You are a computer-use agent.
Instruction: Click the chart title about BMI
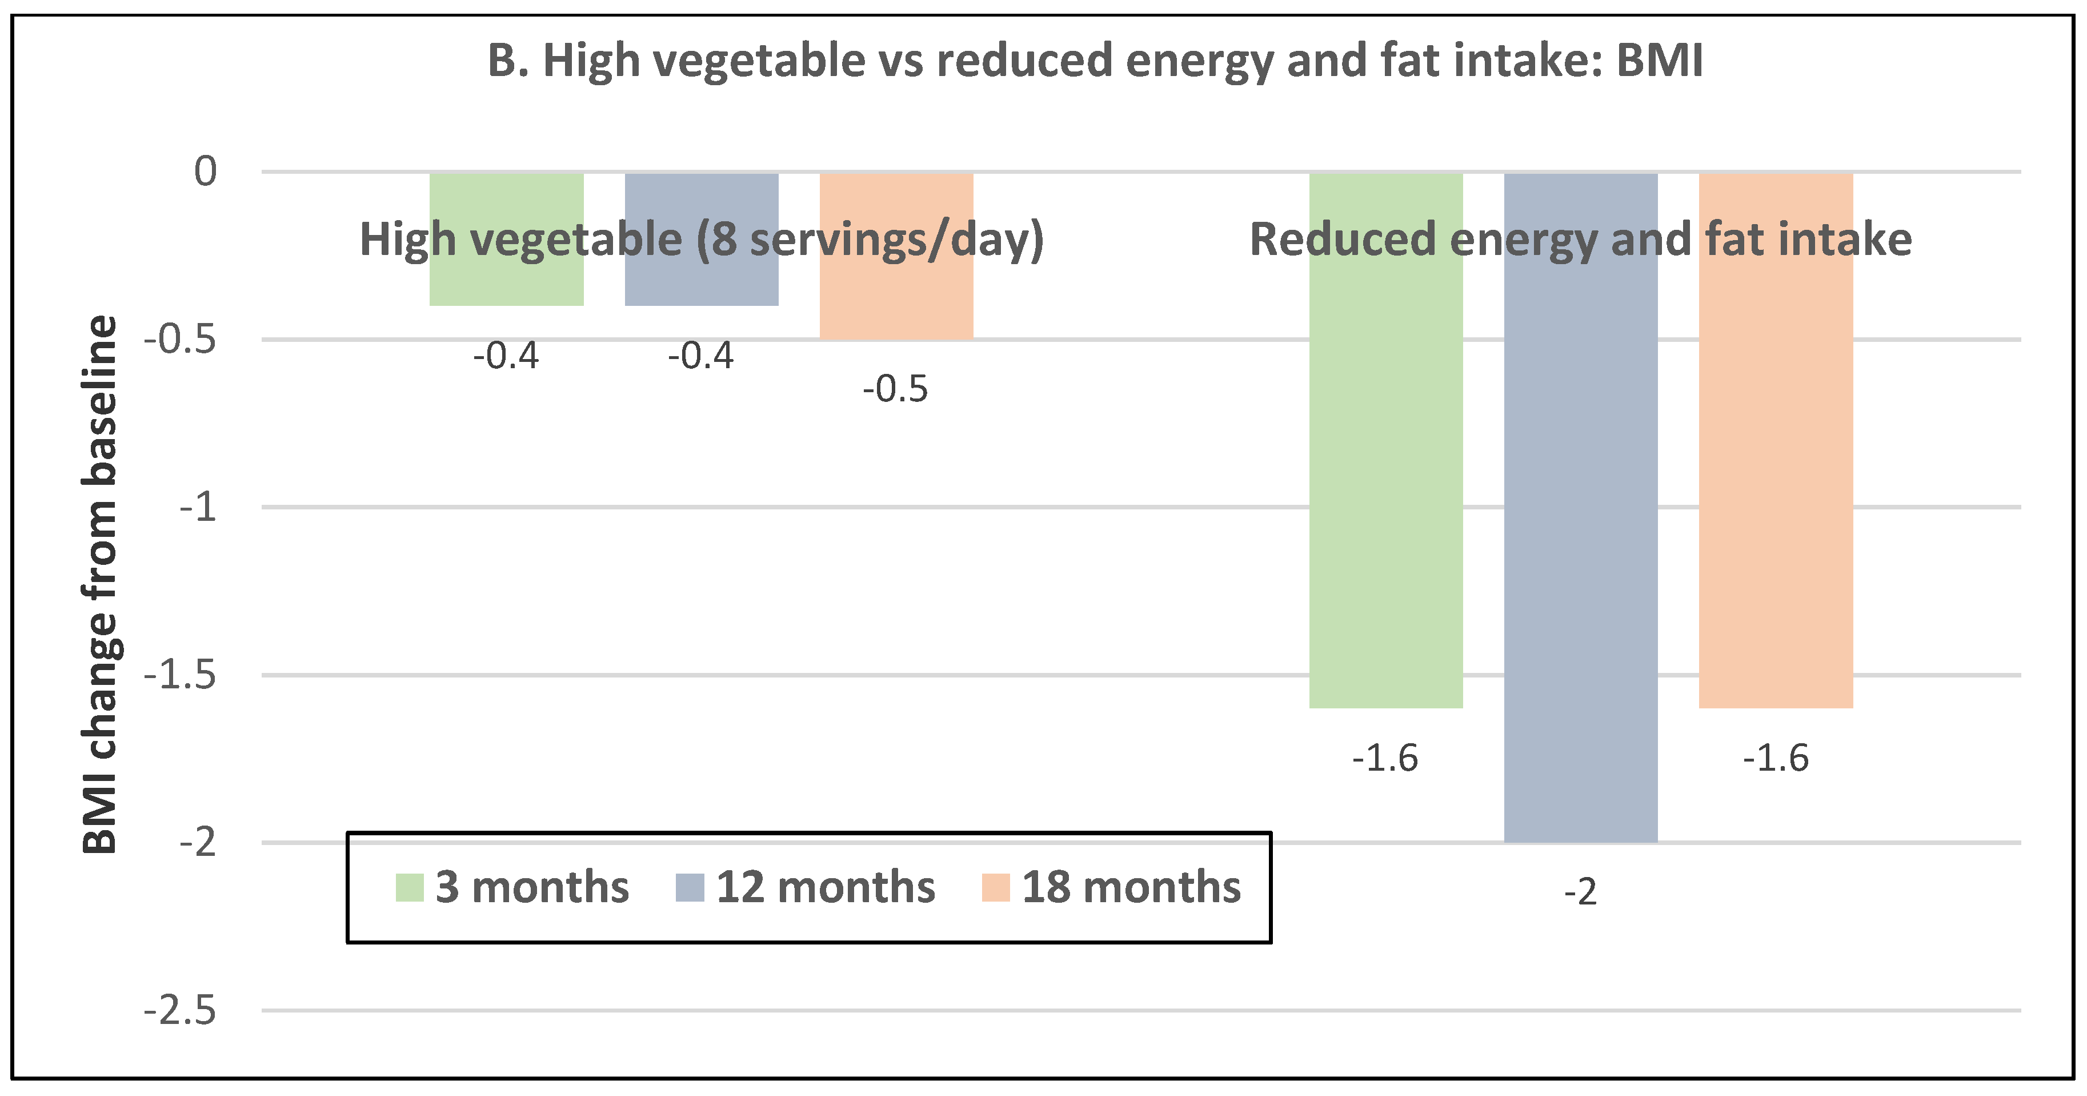(1095, 61)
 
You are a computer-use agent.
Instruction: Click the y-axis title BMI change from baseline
(101, 584)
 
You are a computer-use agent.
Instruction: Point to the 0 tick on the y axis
(206, 172)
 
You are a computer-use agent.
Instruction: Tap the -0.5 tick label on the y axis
(180, 340)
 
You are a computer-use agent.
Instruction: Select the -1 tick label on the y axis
(198, 508)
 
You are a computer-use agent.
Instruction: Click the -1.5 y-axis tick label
(180, 675)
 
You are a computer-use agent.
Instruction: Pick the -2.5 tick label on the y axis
(180, 1011)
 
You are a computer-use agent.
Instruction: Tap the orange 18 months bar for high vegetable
(896, 300)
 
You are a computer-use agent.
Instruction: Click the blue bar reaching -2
(1581, 527)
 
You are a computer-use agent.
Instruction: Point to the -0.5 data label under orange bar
(895, 390)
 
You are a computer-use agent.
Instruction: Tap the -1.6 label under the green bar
(1385, 759)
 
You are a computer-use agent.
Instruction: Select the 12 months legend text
(825, 887)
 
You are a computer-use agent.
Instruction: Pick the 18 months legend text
(1131, 887)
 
